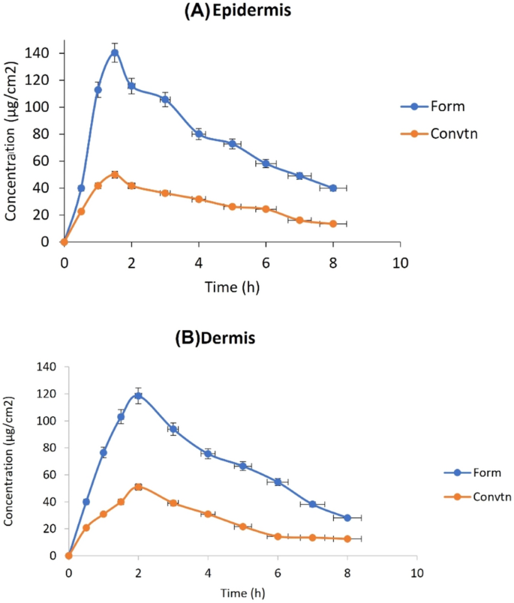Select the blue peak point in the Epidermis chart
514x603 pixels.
click(115, 52)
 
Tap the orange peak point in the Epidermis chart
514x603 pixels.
click(115, 175)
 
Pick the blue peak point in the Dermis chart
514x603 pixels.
click(138, 395)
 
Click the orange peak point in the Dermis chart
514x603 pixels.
click(138, 487)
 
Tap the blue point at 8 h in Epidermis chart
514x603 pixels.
click(333, 188)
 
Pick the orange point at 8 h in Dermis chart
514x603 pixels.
click(347, 538)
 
